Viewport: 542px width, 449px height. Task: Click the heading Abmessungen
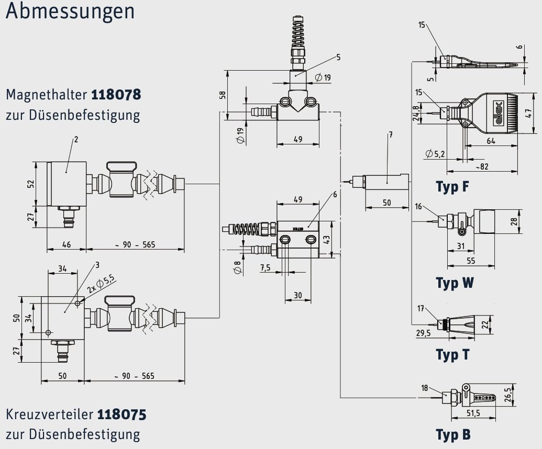(70, 12)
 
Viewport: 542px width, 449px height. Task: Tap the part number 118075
(121, 414)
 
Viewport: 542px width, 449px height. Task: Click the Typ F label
(452, 187)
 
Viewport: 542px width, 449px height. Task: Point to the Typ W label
(455, 283)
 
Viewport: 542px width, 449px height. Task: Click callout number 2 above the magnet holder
(76, 139)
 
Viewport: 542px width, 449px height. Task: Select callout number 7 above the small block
(390, 135)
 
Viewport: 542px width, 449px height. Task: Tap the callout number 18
(425, 388)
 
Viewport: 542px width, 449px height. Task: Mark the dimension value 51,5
(473, 414)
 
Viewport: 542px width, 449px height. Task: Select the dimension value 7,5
(265, 267)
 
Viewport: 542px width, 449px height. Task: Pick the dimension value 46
(67, 244)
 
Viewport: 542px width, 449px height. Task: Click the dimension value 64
(491, 141)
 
